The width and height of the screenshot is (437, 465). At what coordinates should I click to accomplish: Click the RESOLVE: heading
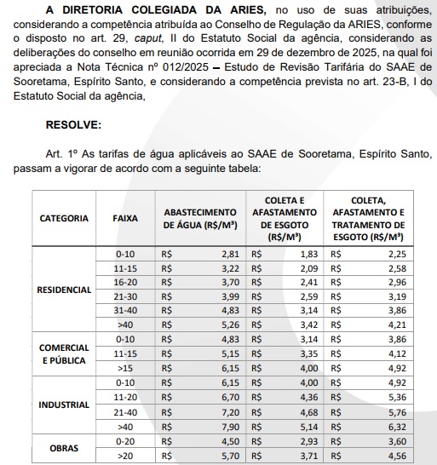(72, 124)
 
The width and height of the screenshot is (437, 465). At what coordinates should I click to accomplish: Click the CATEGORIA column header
(64, 218)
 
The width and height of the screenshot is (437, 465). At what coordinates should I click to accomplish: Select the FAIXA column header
(125, 218)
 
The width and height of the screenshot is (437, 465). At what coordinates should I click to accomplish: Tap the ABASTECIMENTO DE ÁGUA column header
(200, 218)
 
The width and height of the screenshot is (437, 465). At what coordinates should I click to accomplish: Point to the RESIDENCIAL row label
(64, 290)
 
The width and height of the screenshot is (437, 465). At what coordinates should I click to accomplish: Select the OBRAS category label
(64, 448)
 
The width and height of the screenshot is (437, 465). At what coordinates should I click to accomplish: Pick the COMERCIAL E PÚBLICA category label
(64, 354)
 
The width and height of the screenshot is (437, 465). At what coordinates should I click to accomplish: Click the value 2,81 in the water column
(230, 254)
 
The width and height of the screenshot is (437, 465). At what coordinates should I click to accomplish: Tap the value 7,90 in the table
(230, 426)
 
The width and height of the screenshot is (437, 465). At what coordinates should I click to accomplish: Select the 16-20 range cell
(125, 281)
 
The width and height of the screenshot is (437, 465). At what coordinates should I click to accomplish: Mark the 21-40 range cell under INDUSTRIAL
(125, 411)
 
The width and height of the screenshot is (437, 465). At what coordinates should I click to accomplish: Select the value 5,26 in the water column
(230, 324)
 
